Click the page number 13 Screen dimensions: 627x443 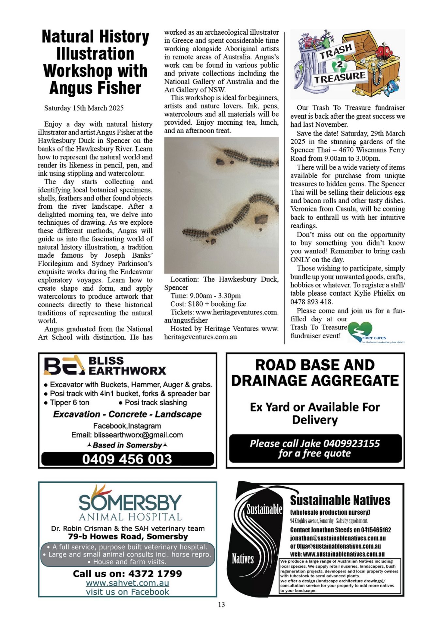coord(221,605)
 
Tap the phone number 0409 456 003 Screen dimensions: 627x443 coord(127,459)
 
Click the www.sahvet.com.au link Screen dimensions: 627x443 coord(128,583)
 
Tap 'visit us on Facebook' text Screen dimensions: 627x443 coord(128,592)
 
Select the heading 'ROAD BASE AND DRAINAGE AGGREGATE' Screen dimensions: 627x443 coord(315,373)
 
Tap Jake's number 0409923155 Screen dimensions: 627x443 coord(351,443)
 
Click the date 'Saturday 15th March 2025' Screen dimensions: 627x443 coord(84,108)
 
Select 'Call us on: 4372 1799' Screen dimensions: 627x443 coord(128,573)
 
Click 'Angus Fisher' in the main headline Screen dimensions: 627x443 coord(95,88)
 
